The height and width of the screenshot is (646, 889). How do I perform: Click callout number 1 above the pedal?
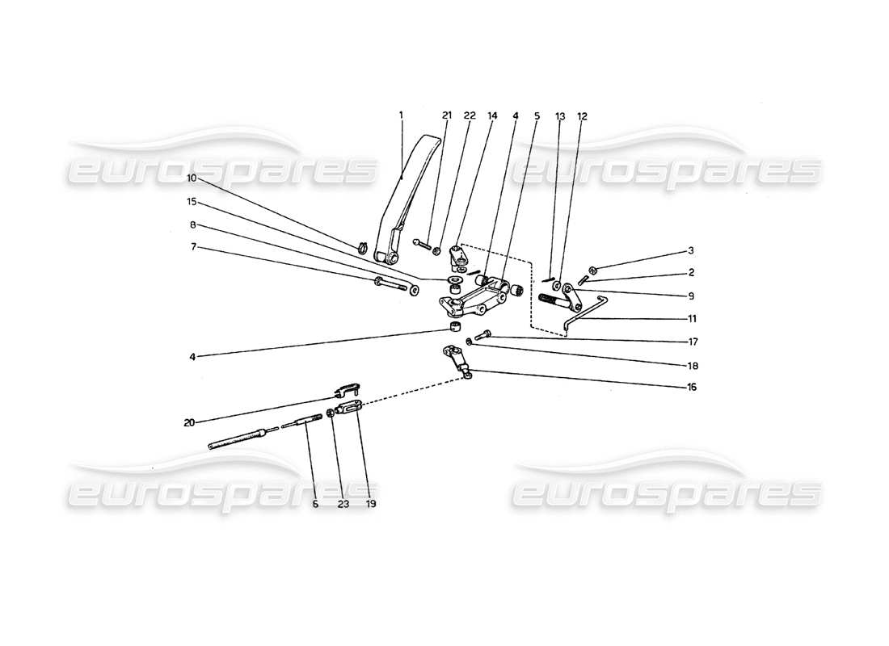pyautogui.click(x=401, y=115)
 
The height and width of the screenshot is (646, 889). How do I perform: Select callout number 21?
pyautogui.click(x=447, y=115)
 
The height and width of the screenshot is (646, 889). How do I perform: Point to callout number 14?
pyautogui.click(x=492, y=115)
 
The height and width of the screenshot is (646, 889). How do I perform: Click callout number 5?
pyautogui.click(x=537, y=115)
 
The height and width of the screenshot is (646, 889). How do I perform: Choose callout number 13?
pyautogui.click(x=559, y=115)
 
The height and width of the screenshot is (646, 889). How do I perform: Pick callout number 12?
pyautogui.click(x=582, y=115)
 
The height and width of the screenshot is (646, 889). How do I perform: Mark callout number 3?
pyautogui.click(x=691, y=250)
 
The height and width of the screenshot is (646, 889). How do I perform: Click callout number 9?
pyautogui.click(x=691, y=296)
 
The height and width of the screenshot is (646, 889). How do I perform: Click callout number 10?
pyautogui.click(x=192, y=177)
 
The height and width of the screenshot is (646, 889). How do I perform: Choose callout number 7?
pyautogui.click(x=192, y=246)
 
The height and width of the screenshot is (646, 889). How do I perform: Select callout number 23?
pyautogui.click(x=342, y=503)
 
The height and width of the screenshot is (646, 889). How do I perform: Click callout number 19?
pyautogui.click(x=371, y=503)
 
